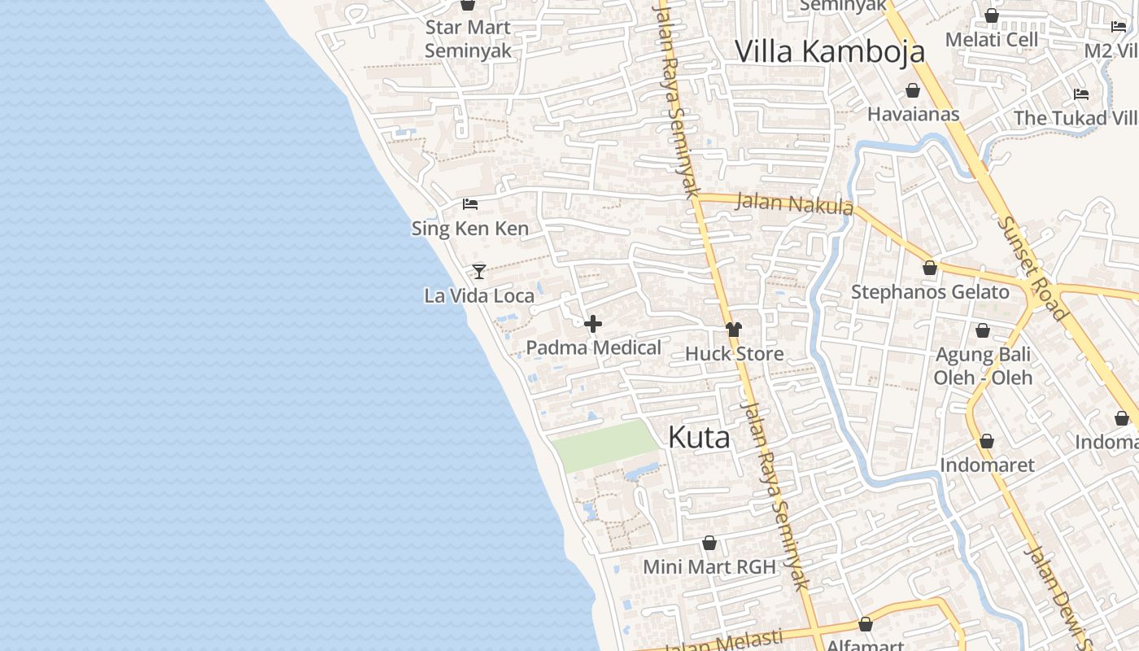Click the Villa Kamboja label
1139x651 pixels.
point(830,51)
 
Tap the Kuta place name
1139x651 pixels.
point(699,438)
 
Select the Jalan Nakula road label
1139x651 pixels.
point(795,203)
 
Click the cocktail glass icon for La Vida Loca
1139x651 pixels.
point(479,271)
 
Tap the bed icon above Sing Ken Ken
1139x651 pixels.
point(469,204)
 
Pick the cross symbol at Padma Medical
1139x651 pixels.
point(593,324)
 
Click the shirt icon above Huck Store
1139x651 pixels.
point(734,330)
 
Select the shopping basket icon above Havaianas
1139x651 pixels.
point(913,90)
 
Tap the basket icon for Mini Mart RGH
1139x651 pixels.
point(709,543)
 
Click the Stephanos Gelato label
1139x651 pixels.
point(930,292)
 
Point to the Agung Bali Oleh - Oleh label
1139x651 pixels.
point(983,366)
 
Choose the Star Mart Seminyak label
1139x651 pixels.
point(468,38)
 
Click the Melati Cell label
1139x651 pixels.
point(992,39)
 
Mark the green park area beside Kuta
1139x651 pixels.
point(604,446)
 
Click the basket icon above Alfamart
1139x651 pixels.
point(866,624)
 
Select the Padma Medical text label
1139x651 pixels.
point(593,348)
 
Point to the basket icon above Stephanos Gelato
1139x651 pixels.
point(930,268)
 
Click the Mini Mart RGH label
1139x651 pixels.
point(709,566)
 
